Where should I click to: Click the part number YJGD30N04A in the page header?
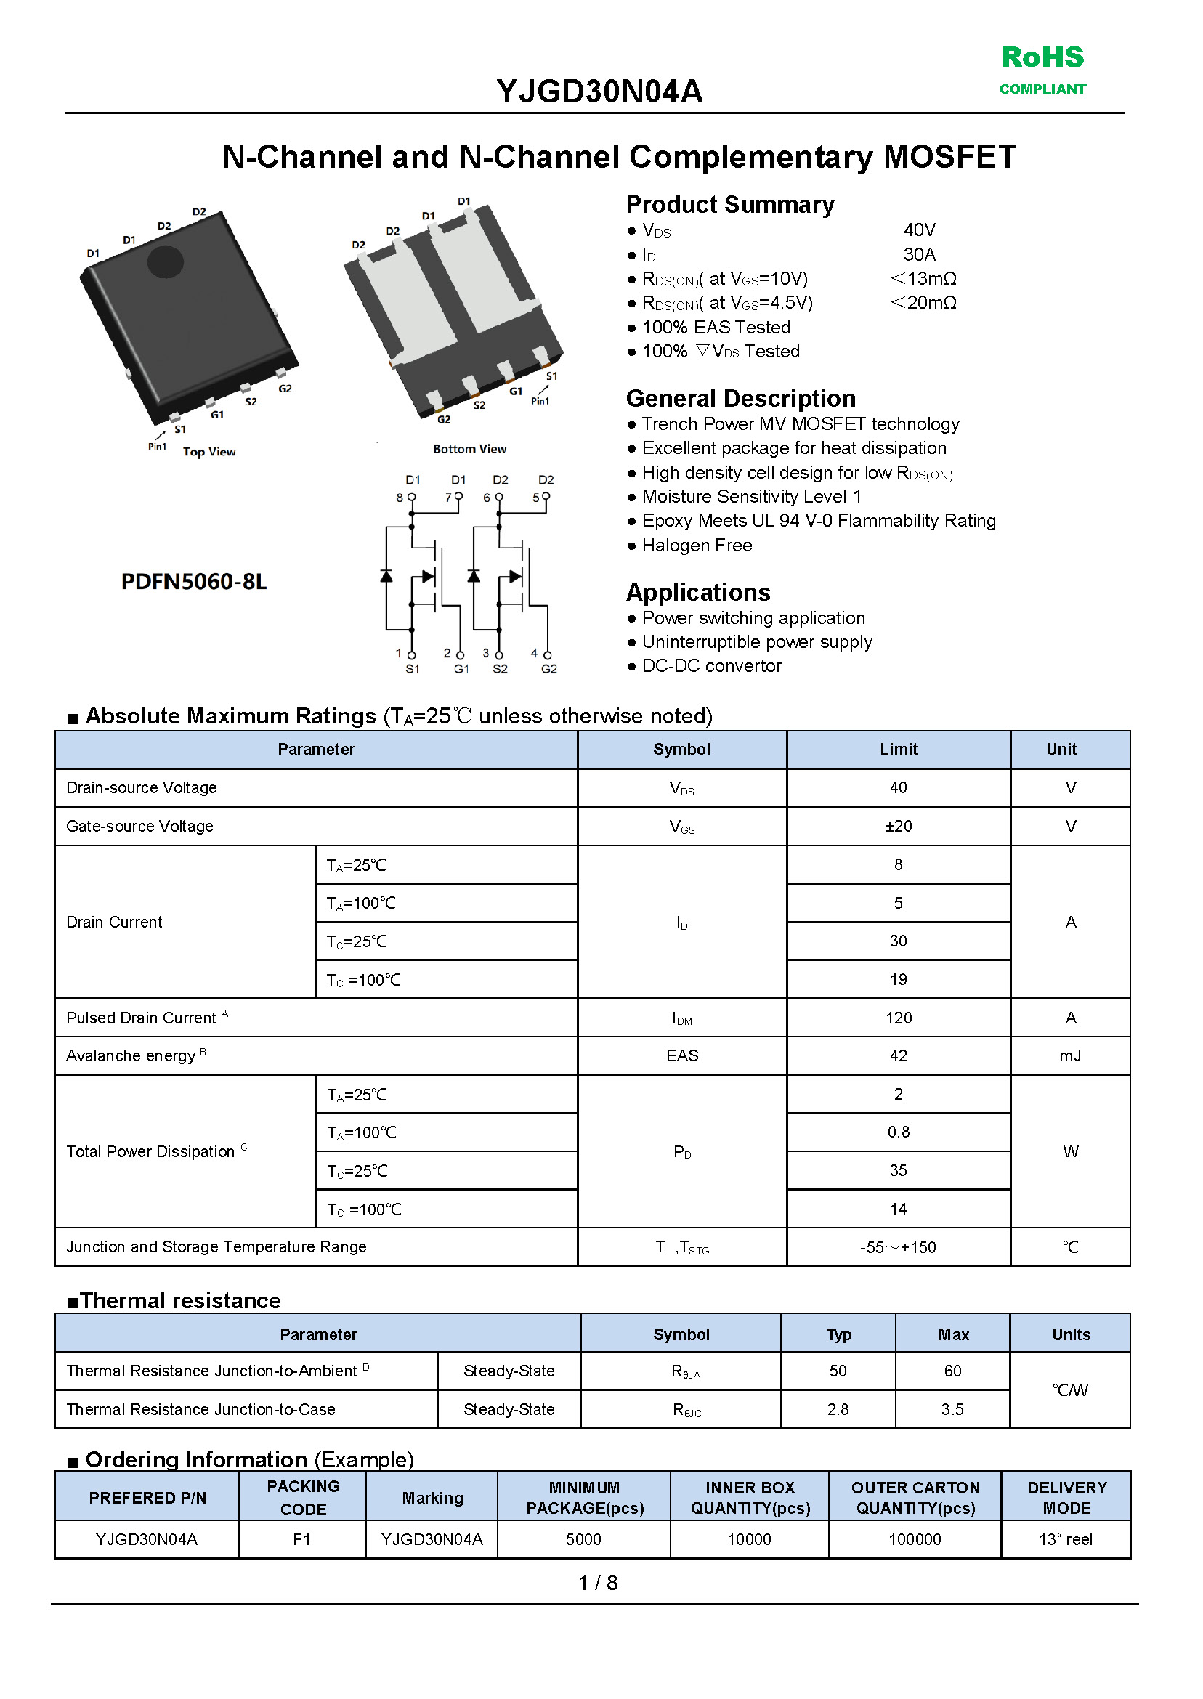point(599,92)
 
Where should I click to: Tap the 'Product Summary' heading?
point(729,204)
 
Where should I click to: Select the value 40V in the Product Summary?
point(919,230)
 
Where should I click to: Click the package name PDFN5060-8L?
point(193,581)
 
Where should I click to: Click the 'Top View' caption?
point(209,452)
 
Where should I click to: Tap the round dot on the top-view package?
point(165,261)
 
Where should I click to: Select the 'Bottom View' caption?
point(469,449)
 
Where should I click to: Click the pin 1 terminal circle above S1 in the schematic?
point(412,654)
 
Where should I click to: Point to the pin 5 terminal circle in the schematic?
point(546,496)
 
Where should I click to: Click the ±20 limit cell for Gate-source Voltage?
point(898,826)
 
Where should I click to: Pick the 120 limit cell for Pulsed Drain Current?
point(898,1018)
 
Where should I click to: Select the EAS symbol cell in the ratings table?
point(681,1055)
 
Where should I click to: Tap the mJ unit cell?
point(1069,1055)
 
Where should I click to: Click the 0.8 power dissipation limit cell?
point(898,1132)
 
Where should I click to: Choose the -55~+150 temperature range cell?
point(898,1247)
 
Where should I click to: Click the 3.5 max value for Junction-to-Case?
point(952,1409)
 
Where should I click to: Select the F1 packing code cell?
point(301,1539)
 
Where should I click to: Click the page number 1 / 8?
point(598,1583)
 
